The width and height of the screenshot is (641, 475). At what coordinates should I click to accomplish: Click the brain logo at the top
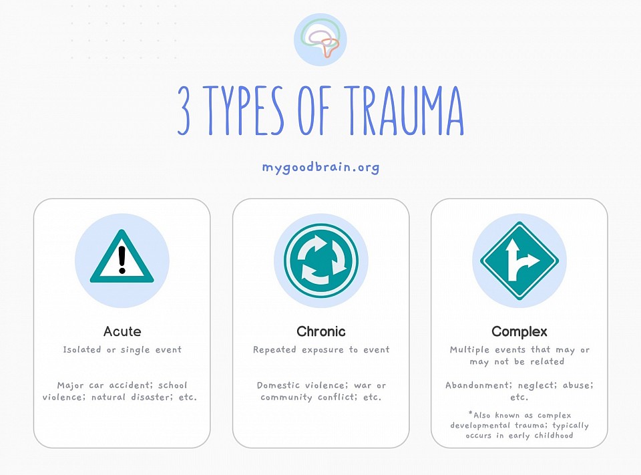(320, 39)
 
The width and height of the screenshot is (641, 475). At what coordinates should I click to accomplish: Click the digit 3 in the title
(184, 110)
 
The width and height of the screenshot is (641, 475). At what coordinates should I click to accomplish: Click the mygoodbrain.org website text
(320, 167)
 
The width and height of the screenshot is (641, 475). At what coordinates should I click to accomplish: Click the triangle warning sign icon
(122, 257)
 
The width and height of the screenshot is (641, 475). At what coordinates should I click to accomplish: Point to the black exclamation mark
(122, 260)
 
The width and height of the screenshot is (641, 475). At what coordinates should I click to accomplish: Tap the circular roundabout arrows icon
(321, 260)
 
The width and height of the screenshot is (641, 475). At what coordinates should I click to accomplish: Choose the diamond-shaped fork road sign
(519, 261)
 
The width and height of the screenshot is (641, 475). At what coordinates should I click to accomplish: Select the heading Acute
(122, 331)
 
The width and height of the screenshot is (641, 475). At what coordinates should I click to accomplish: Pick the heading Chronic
(321, 331)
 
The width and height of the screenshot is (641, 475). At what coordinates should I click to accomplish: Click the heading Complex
(519, 331)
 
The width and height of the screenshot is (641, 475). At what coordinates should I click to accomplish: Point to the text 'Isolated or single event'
(122, 350)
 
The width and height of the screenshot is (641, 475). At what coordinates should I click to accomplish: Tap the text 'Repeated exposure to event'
(321, 350)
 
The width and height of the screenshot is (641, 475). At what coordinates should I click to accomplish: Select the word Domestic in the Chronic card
(278, 385)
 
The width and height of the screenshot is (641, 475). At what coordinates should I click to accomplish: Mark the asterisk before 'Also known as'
(471, 414)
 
